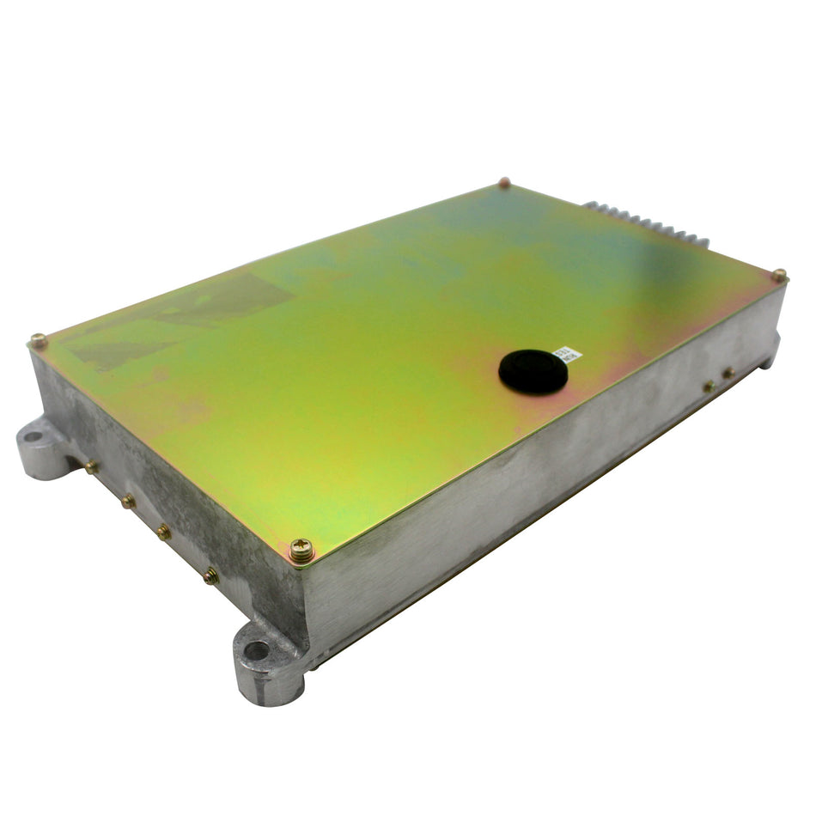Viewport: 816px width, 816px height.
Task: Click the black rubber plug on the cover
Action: click(533, 371)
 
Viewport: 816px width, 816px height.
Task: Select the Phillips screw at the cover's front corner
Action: click(301, 550)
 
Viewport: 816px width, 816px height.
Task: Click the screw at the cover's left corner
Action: click(39, 341)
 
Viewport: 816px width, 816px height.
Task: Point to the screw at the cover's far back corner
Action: click(504, 182)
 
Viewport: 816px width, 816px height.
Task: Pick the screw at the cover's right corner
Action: click(778, 276)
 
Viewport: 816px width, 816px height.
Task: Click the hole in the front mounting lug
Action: click(256, 650)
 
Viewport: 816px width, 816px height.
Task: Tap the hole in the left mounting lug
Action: click(33, 435)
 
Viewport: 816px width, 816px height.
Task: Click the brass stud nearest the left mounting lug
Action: click(90, 467)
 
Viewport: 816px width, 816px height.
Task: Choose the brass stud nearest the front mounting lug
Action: click(210, 577)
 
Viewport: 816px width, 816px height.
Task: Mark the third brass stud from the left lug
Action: click(162, 533)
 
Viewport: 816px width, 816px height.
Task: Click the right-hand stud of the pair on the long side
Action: click(728, 373)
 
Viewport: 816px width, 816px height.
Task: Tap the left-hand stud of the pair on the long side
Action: click(709, 387)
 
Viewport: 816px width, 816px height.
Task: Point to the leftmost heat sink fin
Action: click(591, 204)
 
